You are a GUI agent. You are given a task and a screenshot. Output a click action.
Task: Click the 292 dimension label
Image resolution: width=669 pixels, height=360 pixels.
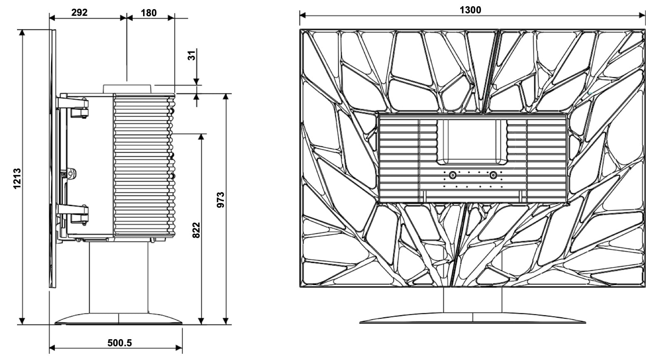coord(79,12)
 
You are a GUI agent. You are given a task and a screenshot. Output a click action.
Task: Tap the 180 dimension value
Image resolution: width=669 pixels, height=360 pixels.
coord(149,13)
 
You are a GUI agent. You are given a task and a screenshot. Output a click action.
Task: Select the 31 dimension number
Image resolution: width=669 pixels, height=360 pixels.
coord(192,55)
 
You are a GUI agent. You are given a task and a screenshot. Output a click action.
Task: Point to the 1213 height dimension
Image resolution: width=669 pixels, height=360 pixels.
coord(17,179)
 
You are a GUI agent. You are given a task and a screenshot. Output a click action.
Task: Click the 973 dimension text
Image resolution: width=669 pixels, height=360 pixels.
coord(221,200)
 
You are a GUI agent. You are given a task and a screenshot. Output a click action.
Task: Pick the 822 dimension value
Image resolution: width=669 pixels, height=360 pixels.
coord(196,230)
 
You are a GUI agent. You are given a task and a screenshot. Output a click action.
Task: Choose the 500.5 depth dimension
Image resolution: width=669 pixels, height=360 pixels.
coord(119,343)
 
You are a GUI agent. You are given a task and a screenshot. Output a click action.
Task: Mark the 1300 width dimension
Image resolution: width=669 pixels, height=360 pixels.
coord(471,10)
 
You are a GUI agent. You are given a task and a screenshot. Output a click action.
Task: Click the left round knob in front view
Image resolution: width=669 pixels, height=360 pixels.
coord(453,175)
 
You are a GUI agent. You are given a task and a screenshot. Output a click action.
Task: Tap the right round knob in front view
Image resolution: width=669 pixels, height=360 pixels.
coord(493,175)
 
